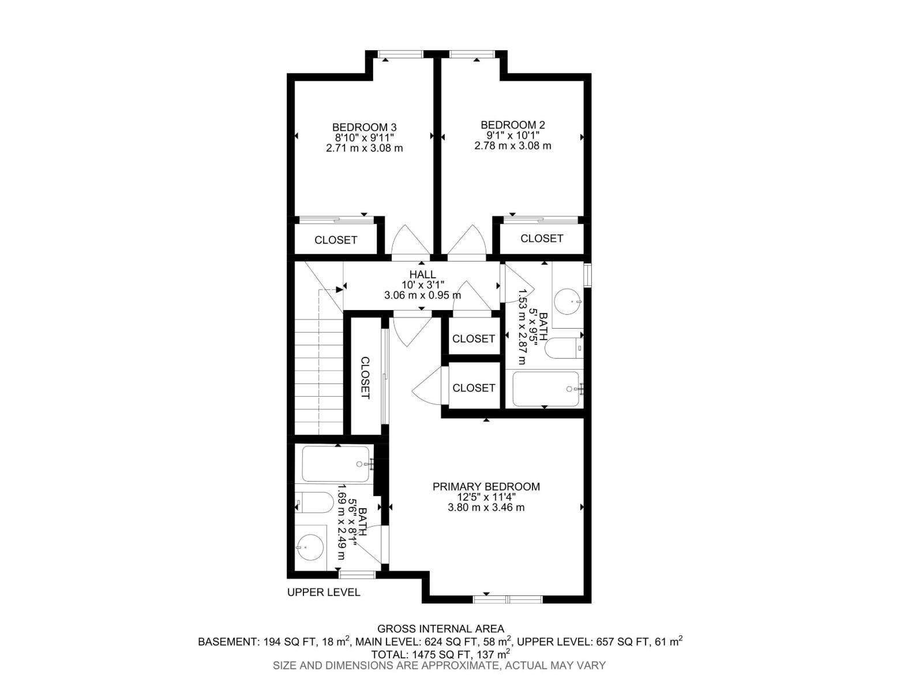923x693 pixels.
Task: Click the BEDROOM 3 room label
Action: click(x=364, y=127)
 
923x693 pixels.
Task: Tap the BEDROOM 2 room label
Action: click(x=513, y=125)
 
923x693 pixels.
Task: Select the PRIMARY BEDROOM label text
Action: click(x=486, y=486)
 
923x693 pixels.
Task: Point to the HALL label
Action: click(x=423, y=274)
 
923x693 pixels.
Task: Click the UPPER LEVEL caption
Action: click(x=324, y=593)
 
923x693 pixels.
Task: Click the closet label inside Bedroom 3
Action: click(x=336, y=240)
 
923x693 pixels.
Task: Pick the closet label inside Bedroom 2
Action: click(x=542, y=238)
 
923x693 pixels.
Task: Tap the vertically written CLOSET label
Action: click(x=365, y=378)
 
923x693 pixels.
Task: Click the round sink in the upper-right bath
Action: click(x=568, y=301)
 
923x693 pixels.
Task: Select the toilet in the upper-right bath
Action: click(x=564, y=348)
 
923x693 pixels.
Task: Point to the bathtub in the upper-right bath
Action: click(x=545, y=389)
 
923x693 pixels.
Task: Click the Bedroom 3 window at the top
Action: click(x=400, y=54)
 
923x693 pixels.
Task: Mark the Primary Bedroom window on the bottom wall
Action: click(x=508, y=599)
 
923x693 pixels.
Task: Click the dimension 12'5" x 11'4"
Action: click(x=487, y=497)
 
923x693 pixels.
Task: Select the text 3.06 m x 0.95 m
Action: click(x=423, y=295)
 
